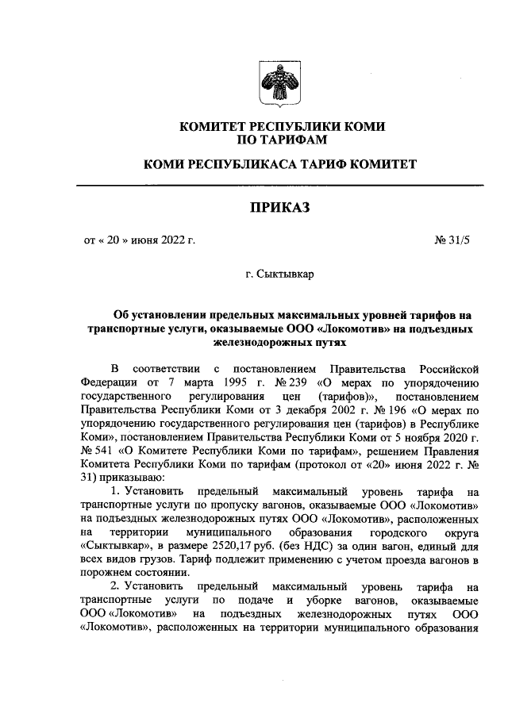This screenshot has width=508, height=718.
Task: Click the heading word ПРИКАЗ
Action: tap(279, 208)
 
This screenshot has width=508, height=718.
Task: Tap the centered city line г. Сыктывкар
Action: tap(279, 275)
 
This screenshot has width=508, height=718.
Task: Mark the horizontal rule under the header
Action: tap(279, 185)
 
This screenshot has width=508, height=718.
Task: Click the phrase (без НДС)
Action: tap(317, 546)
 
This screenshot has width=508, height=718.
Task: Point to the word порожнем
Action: tap(107, 574)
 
